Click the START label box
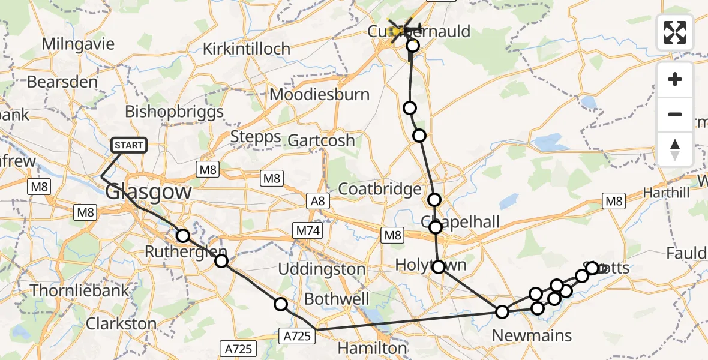click(x=128, y=145)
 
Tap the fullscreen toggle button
click(x=675, y=32)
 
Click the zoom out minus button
click(x=675, y=114)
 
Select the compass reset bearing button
click(x=675, y=149)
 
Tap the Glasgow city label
click(x=148, y=192)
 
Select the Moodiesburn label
click(x=319, y=94)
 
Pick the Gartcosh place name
click(x=320, y=140)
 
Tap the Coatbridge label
click(x=380, y=189)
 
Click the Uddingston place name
click(x=322, y=269)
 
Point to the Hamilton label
click(x=372, y=348)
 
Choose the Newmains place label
click(x=532, y=335)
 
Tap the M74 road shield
click(x=308, y=230)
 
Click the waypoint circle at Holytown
click(x=439, y=266)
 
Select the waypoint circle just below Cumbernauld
click(x=412, y=46)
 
